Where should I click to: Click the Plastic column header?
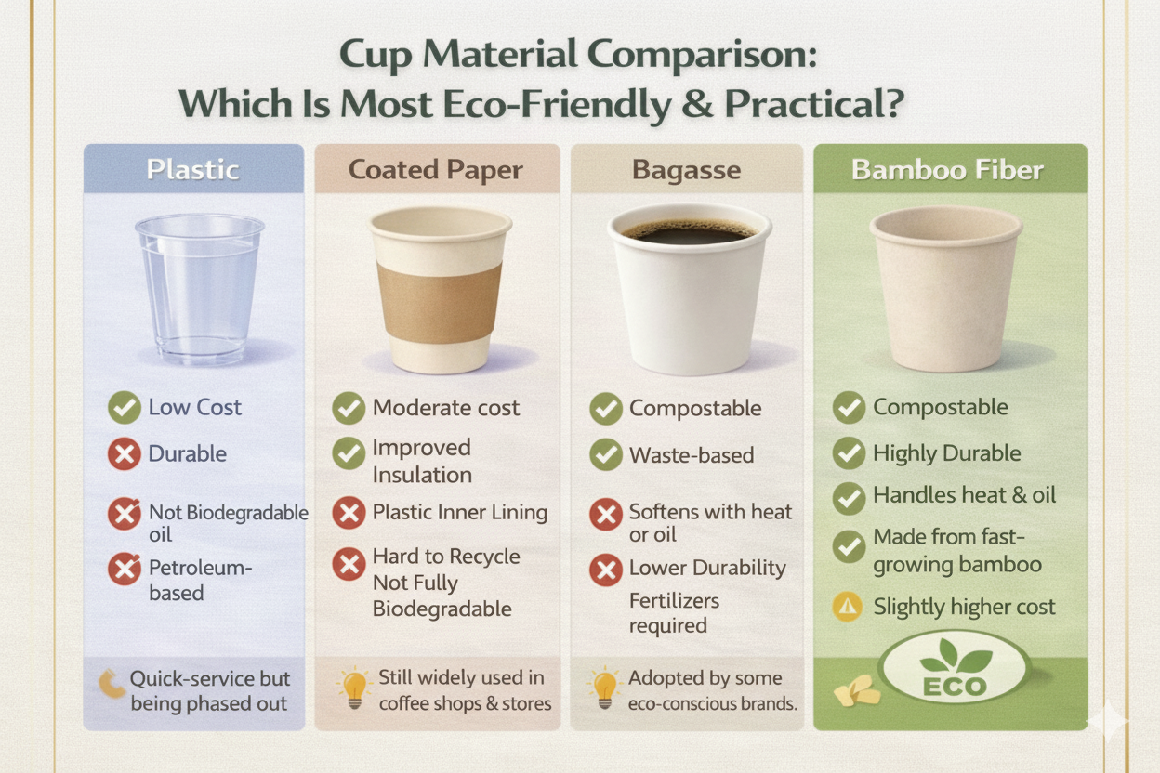(x=193, y=170)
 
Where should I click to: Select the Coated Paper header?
(x=436, y=170)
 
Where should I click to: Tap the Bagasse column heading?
(x=687, y=170)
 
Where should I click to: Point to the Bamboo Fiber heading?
(x=947, y=170)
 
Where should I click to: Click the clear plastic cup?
(x=199, y=283)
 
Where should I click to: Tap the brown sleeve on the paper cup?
(x=439, y=302)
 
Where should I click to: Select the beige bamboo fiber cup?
(x=945, y=288)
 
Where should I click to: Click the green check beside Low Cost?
(x=124, y=407)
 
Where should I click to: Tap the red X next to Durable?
(x=124, y=454)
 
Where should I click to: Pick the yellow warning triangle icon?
(x=848, y=608)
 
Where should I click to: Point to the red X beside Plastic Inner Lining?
(x=349, y=512)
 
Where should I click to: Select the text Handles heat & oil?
(x=964, y=495)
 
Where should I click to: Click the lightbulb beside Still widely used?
(x=354, y=689)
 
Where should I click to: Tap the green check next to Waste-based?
(x=606, y=455)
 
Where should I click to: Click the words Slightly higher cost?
(x=964, y=608)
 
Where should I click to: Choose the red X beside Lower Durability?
(x=606, y=569)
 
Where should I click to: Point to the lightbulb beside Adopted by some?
(x=605, y=689)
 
